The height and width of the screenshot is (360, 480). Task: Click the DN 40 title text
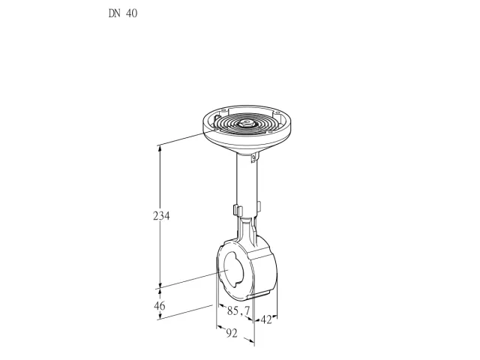coord(123,13)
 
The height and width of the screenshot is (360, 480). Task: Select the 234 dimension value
coord(161,216)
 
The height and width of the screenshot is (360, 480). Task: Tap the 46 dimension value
coord(159,305)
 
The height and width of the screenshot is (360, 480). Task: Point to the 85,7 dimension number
coord(238,310)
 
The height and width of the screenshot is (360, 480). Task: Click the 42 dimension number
coord(266,320)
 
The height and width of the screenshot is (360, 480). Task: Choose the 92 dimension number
coord(232,333)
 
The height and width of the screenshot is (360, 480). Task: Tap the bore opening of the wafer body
coord(233,269)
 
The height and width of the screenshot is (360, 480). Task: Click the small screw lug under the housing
coord(253,157)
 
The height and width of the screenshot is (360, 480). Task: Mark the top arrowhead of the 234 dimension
coord(159,148)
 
